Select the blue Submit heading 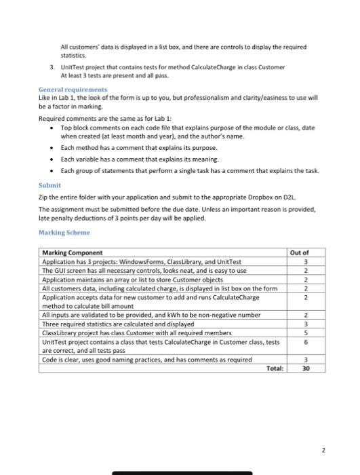[x=48, y=184]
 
